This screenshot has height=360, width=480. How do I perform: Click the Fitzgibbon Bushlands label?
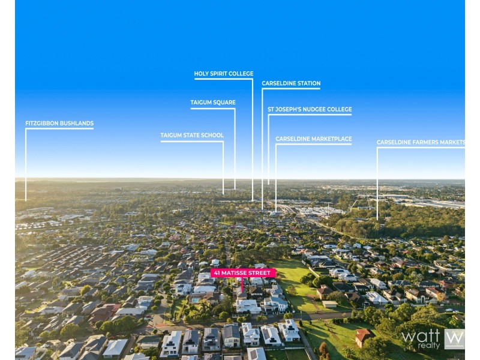point(59,124)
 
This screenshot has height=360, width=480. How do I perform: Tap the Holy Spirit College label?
point(224,73)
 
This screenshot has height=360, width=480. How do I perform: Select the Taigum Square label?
point(213,103)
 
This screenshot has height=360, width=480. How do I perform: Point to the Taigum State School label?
point(192,136)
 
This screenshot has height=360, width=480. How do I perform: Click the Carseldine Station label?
point(291,83)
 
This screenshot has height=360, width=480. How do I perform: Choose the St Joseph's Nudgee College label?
point(310,109)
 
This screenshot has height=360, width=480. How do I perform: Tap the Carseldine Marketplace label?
point(313,139)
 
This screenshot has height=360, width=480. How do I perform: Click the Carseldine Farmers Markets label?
point(421,142)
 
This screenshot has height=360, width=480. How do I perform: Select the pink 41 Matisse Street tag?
point(243,273)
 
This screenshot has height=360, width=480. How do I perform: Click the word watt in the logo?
point(421,336)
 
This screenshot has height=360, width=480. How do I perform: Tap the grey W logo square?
point(454,339)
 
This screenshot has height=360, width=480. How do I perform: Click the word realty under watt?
point(428,346)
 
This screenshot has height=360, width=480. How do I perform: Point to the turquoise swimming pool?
point(196,300)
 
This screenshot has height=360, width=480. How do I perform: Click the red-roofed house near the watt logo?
point(364,337)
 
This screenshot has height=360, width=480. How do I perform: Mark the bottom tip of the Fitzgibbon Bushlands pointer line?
point(26,200)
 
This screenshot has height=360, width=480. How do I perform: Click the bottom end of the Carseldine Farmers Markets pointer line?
point(377,220)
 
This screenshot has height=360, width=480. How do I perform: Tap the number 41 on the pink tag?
point(217,273)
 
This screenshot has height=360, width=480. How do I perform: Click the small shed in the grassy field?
point(329,304)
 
